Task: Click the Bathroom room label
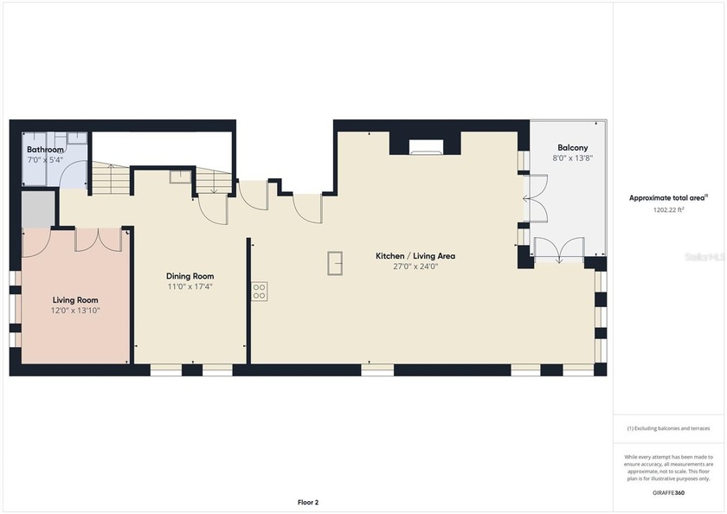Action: [x=45, y=150]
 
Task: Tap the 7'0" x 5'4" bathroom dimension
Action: [x=45, y=160]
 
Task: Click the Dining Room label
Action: [x=190, y=276]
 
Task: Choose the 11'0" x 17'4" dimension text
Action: [x=190, y=286]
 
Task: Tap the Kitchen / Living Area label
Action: [x=415, y=256]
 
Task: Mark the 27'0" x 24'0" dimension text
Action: [x=415, y=267]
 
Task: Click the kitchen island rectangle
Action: [x=335, y=262]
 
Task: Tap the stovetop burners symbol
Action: [x=260, y=291]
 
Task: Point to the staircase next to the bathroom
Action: [x=109, y=179]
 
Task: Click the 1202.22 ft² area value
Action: [x=667, y=209]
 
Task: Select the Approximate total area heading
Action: [x=667, y=198]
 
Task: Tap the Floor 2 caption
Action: [x=309, y=502]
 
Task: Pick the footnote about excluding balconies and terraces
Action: [x=667, y=428]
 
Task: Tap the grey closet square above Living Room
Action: [x=37, y=210]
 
